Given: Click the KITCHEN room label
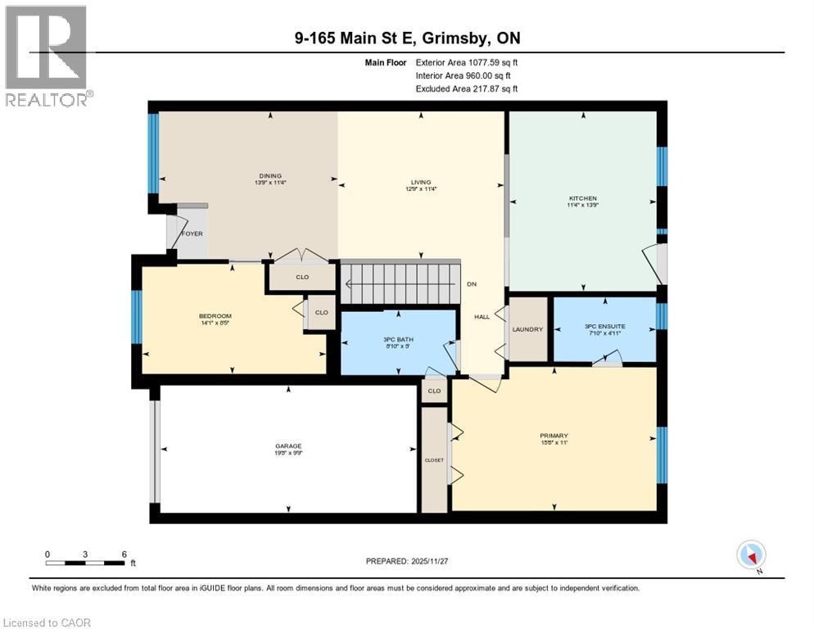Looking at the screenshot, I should pos(583,198).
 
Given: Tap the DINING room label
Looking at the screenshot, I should pos(269,175).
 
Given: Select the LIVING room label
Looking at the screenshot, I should pos(421,183).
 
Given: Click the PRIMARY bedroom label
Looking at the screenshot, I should pos(554,436).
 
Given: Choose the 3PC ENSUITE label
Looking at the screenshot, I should pos(604,326).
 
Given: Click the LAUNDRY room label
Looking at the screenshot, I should pos(527,329).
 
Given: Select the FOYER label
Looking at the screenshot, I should pos(192,233).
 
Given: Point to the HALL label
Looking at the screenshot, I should pos(482,317).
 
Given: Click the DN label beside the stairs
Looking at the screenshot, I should pos(472,284).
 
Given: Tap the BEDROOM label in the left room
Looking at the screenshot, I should pos(215,316).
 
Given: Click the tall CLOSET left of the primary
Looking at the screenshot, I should pos(434,459).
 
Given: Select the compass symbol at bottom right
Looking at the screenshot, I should pos(750,554).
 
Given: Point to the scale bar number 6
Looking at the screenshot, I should pos(124,554).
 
